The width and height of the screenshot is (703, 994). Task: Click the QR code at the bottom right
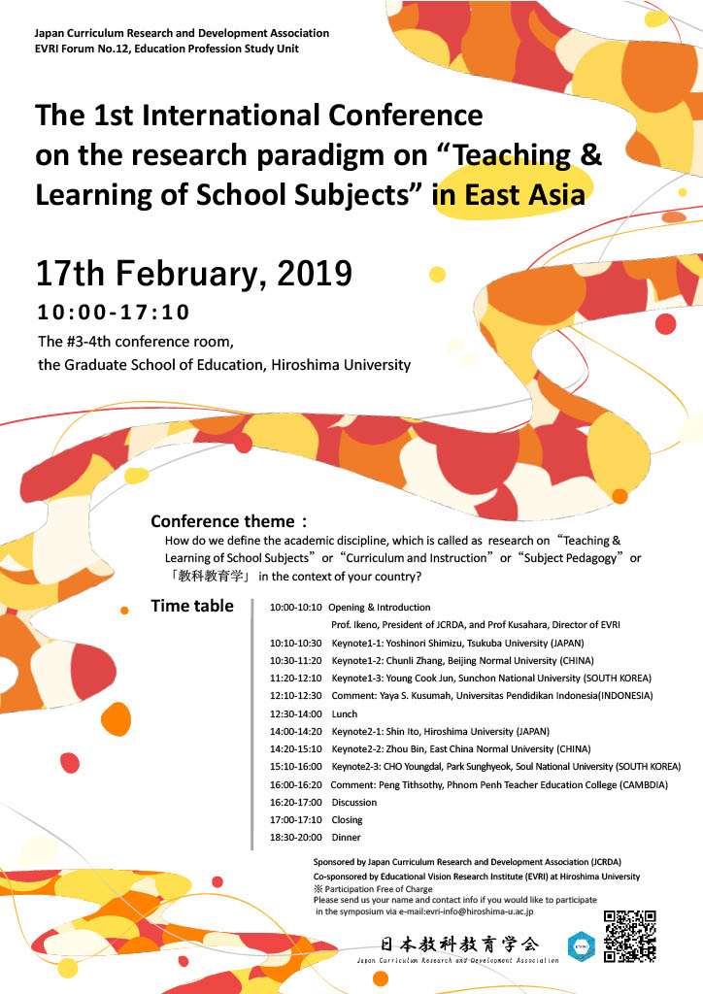[x=629, y=936]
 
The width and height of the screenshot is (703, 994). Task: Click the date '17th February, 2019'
[x=193, y=274]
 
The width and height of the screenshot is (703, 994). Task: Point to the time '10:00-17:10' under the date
[x=113, y=313]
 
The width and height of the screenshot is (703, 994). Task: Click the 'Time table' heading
[x=192, y=607]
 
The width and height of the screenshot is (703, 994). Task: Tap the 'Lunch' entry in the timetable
[x=345, y=713]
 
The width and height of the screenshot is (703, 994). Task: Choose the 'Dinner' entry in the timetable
[x=346, y=837]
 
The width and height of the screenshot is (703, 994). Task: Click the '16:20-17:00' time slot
[x=295, y=802]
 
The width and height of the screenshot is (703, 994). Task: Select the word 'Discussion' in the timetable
[x=354, y=802]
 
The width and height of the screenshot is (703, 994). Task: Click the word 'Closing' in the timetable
[x=347, y=819]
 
